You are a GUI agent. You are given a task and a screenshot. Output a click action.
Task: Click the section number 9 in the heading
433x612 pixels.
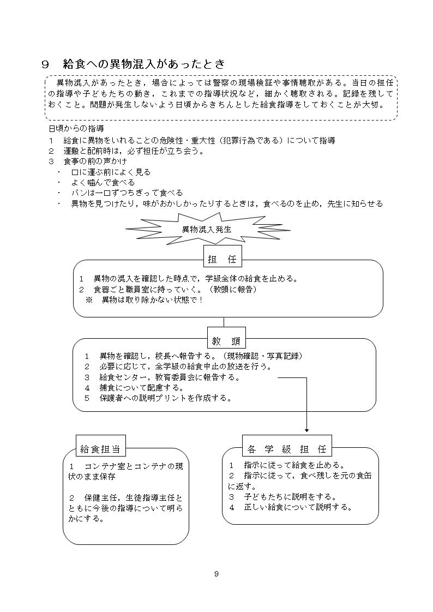(x=46, y=64)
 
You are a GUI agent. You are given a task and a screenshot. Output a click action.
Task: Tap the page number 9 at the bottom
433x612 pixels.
(x=216, y=573)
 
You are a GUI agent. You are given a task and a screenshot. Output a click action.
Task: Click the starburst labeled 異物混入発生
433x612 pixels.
(x=206, y=230)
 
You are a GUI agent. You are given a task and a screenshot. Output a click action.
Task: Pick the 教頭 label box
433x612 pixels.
(x=226, y=341)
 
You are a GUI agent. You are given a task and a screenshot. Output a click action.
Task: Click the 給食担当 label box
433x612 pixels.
(x=100, y=449)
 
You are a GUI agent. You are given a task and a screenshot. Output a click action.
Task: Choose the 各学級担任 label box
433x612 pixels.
(x=286, y=449)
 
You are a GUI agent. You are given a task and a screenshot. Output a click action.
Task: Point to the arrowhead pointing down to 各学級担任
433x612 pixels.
(x=306, y=430)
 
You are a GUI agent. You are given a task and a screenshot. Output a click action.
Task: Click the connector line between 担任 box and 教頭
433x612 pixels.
(x=224, y=322)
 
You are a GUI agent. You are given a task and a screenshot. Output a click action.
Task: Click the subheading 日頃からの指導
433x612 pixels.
(x=76, y=129)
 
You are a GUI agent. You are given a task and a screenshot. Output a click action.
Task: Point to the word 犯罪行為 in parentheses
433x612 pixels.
(x=257, y=140)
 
